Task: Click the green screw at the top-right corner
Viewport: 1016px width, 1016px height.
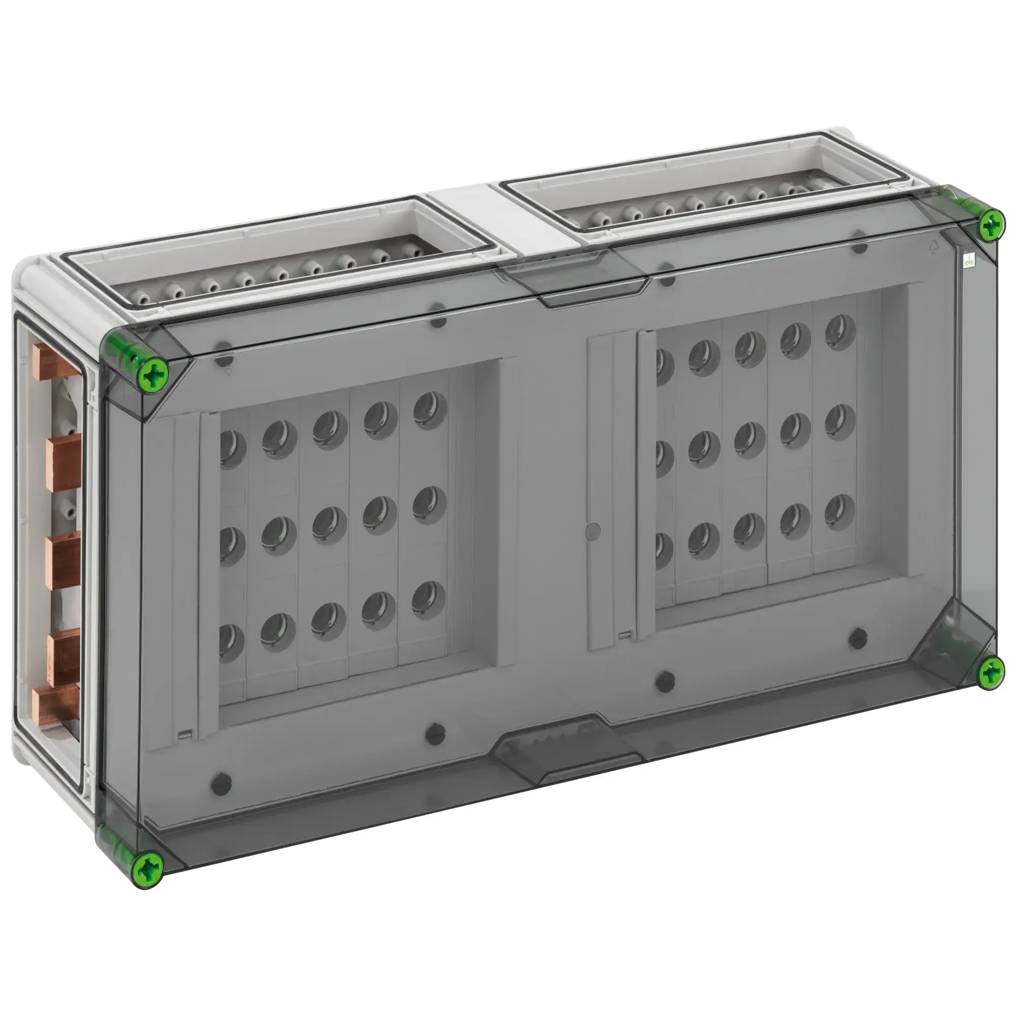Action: (991, 225)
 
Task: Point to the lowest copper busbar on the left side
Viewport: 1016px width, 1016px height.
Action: (55, 705)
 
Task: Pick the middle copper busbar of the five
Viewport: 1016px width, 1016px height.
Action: (62, 559)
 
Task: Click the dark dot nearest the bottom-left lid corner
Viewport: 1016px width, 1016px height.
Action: (221, 784)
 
